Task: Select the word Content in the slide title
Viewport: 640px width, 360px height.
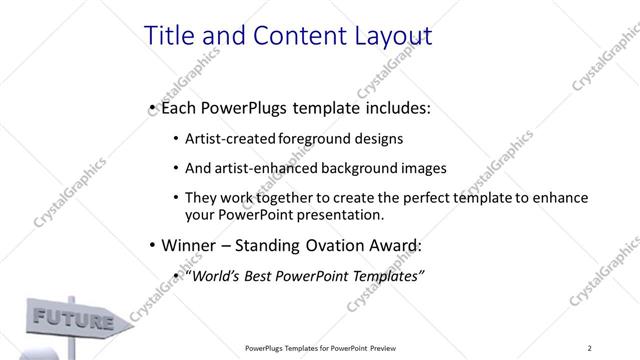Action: [283, 36]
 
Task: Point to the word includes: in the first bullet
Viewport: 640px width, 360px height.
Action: [398, 106]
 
